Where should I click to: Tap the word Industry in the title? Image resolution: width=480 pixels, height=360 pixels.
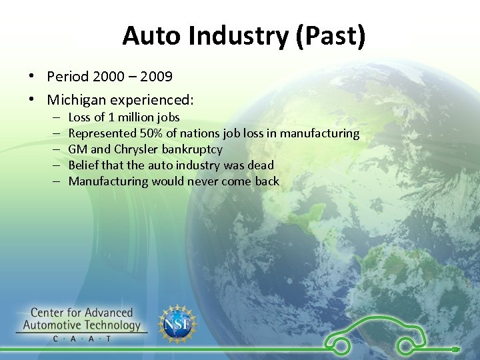click(x=231, y=36)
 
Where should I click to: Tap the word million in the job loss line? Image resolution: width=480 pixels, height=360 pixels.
click(x=137, y=117)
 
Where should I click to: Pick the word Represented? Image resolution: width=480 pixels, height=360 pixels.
click(x=101, y=133)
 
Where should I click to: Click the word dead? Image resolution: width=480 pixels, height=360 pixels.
click(x=261, y=165)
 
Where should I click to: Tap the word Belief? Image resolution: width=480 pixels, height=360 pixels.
click(x=83, y=165)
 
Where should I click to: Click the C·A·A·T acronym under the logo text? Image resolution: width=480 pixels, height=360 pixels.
click(x=83, y=339)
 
